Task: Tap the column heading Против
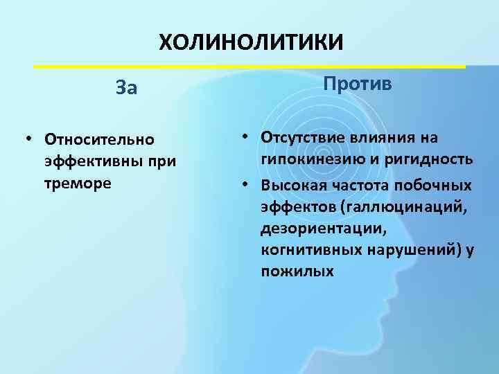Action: (x=357, y=84)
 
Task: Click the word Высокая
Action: (x=290, y=185)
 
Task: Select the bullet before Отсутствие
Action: (x=247, y=137)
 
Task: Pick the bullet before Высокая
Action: (x=247, y=185)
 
